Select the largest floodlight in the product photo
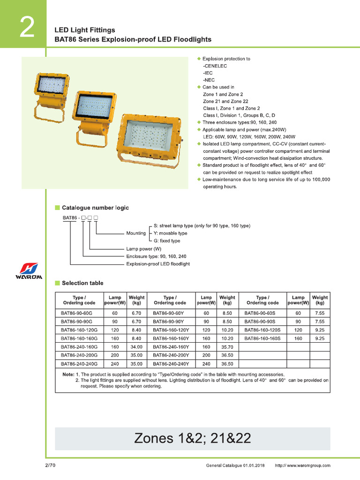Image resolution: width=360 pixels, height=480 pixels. coord(149,137)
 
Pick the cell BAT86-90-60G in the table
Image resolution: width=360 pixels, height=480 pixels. coord(77,313)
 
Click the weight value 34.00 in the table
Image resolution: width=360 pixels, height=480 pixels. coord(136,347)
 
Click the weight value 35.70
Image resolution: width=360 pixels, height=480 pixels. coord(227,347)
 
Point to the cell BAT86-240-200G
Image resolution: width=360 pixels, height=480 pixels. coord(79,356)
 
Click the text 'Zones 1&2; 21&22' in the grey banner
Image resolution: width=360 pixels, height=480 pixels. coord(193,438)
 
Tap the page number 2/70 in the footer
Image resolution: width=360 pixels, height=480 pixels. coord(51,465)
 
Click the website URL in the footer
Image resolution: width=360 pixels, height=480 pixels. coord(302,465)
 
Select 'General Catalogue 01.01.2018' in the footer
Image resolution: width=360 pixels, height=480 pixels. coord(235,465)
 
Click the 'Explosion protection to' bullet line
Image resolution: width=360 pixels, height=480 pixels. coord(226,59)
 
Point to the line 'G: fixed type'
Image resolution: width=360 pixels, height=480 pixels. coord(167,241)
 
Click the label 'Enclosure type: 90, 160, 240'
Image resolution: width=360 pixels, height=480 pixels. coord(156,257)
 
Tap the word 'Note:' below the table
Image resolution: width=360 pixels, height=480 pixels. coord(68,375)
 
